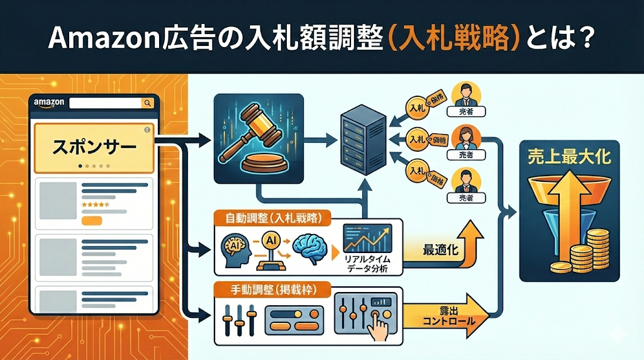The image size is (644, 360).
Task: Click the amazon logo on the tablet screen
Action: (47, 103)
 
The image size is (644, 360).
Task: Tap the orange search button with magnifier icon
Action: (147, 103)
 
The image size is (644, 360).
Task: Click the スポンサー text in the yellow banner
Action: (93, 149)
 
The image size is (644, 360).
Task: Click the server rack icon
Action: (361, 137)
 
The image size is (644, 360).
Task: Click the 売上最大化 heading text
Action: (570, 157)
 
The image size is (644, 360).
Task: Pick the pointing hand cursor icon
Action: (382, 327)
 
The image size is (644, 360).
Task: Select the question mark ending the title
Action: (583, 38)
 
